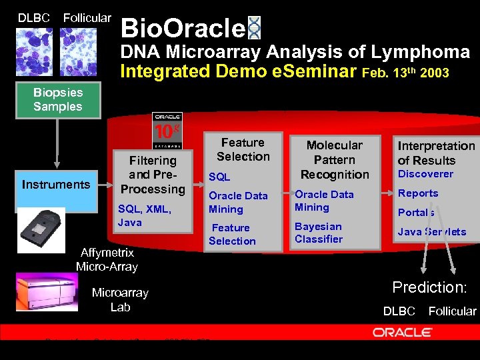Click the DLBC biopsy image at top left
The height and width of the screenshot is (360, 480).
point(33,51)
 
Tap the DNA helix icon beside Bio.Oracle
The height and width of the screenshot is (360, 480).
point(254,28)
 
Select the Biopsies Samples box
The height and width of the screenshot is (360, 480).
point(58,100)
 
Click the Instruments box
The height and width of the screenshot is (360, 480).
point(56,185)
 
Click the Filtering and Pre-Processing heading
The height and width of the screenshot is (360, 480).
point(153,175)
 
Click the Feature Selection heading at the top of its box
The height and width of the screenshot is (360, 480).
point(243,149)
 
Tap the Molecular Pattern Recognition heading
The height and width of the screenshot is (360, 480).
point(334,159)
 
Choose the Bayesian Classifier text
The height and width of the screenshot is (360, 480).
point(319,233)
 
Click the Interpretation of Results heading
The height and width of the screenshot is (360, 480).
point(436,153)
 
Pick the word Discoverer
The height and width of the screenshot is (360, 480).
point(425,174)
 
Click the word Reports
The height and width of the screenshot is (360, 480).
point(418,193)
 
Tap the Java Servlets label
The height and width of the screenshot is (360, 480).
point(432,232)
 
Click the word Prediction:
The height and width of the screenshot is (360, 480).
point(429,287)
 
